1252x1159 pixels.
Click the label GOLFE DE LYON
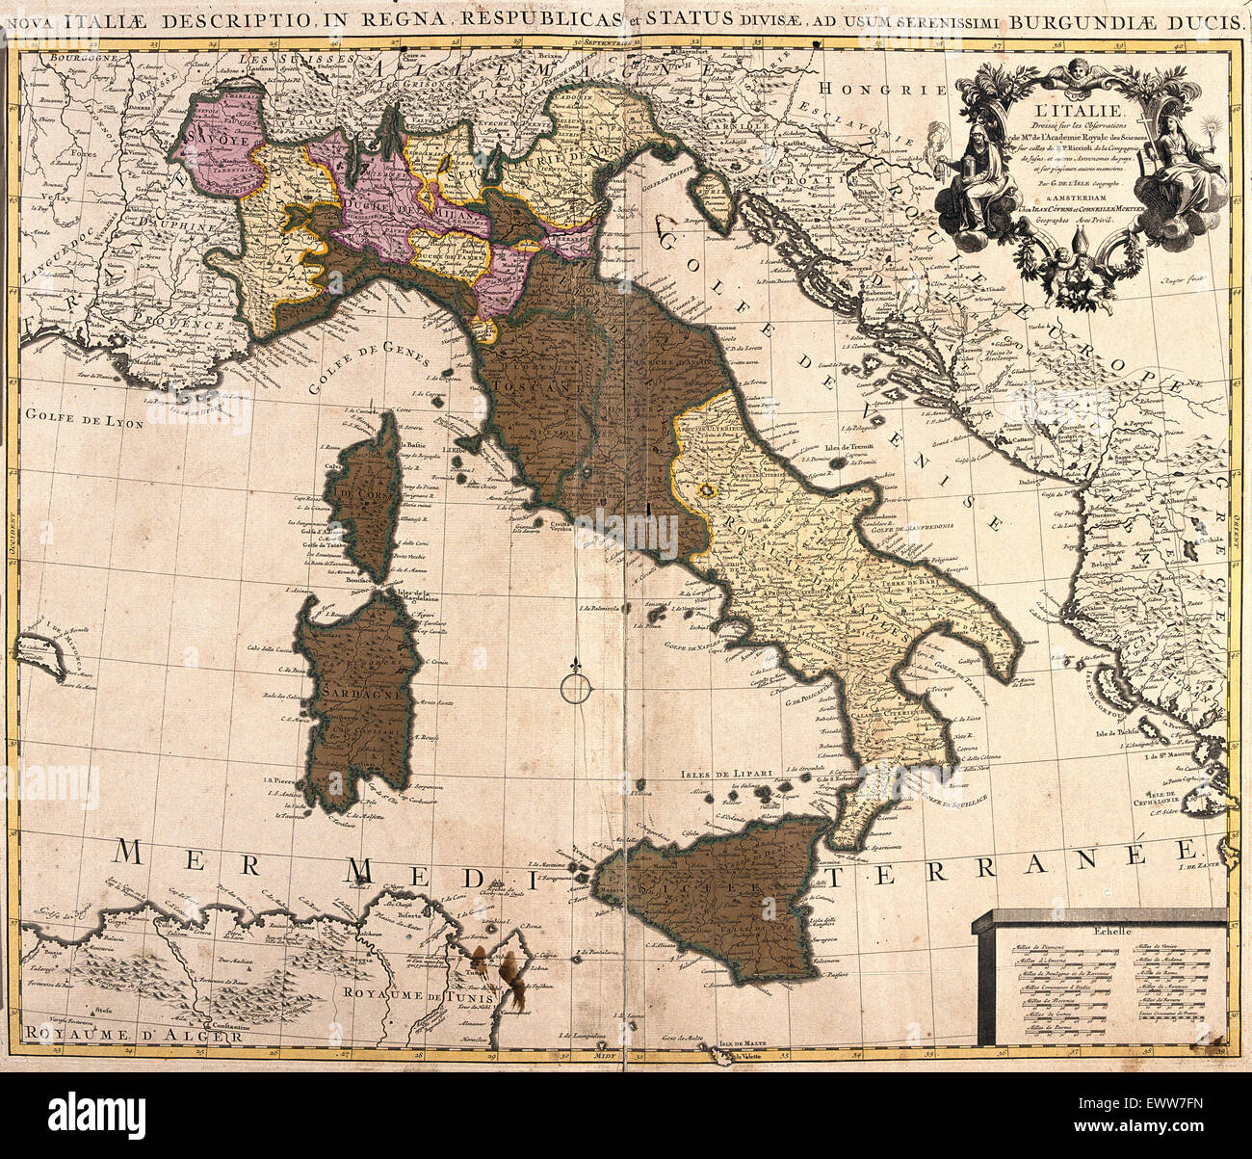[84, 419]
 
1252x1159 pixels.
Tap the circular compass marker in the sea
[575, 686]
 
